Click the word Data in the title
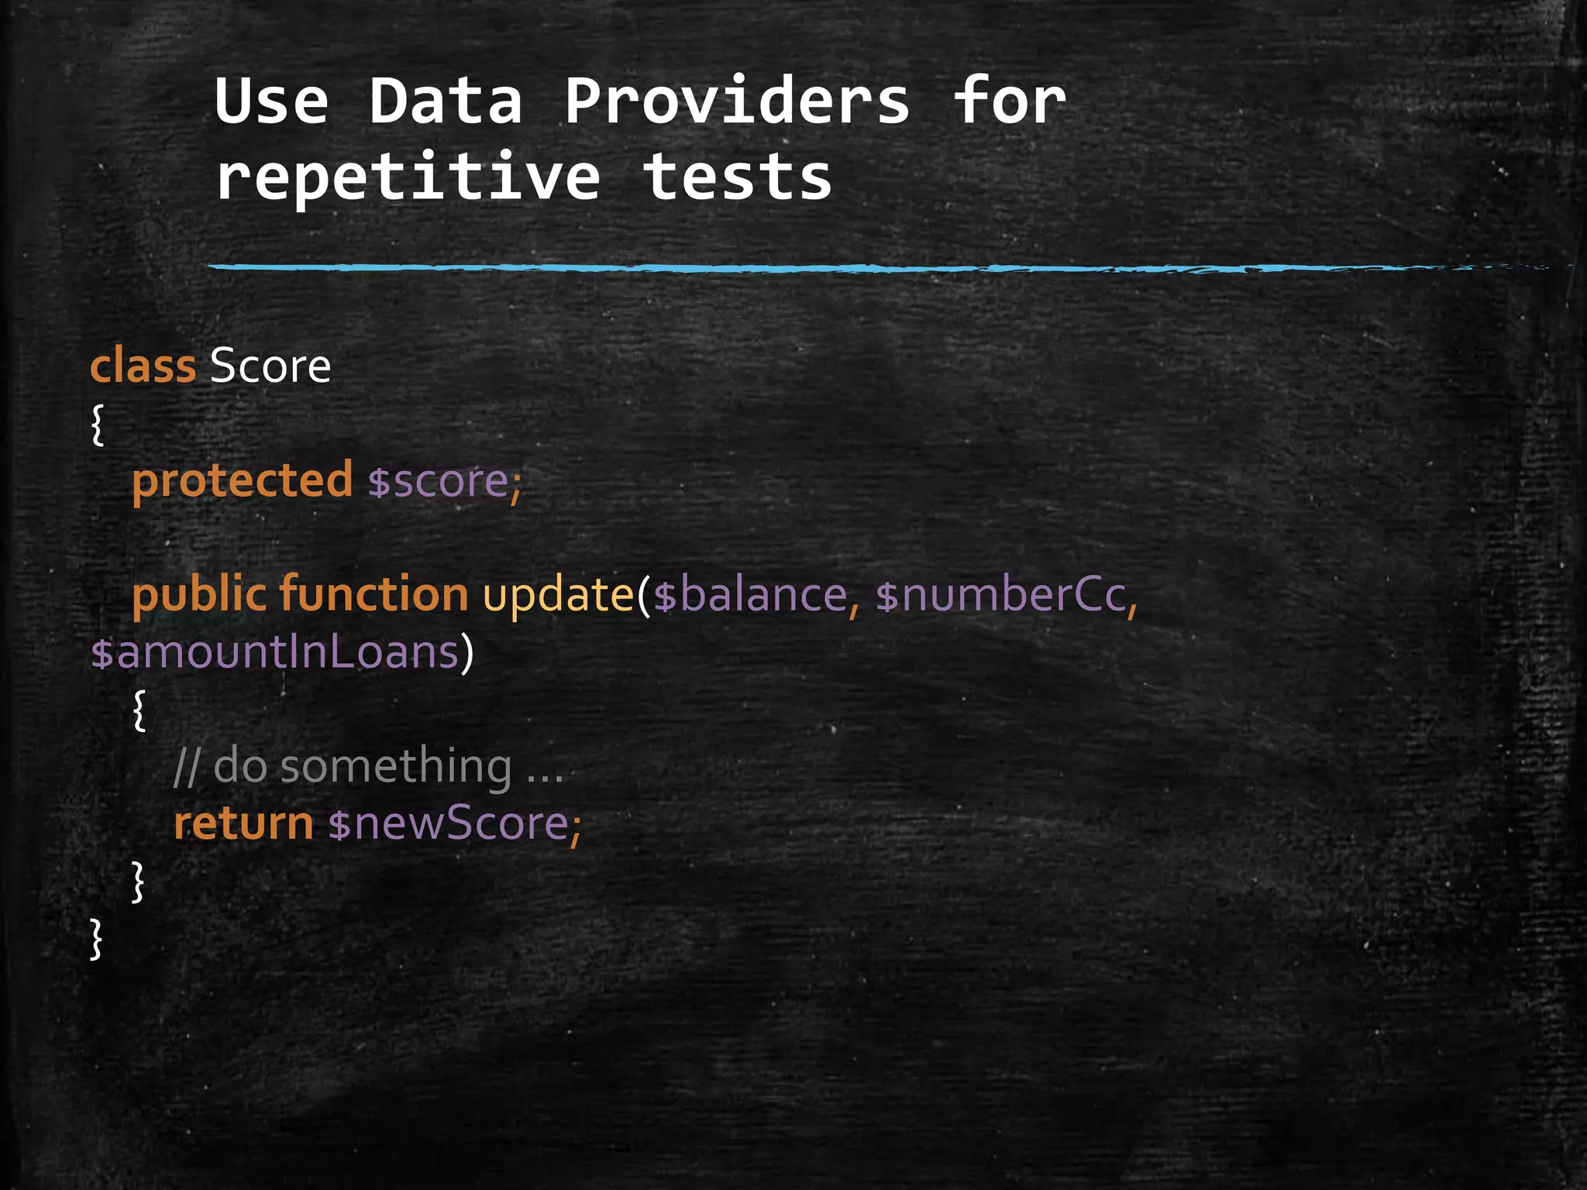(x=445, y=101)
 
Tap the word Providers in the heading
(x=736, y=101)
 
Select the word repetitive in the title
(x=408, y=177)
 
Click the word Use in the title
(x=271, y=101)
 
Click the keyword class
(x=143, y=366)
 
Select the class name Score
(x=270, y=366)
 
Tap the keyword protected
(x=242, y=480)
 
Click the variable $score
(x=439, y=480)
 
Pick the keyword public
(x=199, y=595)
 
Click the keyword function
(x=374, y=595)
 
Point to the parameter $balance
(x=750, y=595)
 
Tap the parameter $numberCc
(x=1000, y=595)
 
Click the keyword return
(x=243, y=823)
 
